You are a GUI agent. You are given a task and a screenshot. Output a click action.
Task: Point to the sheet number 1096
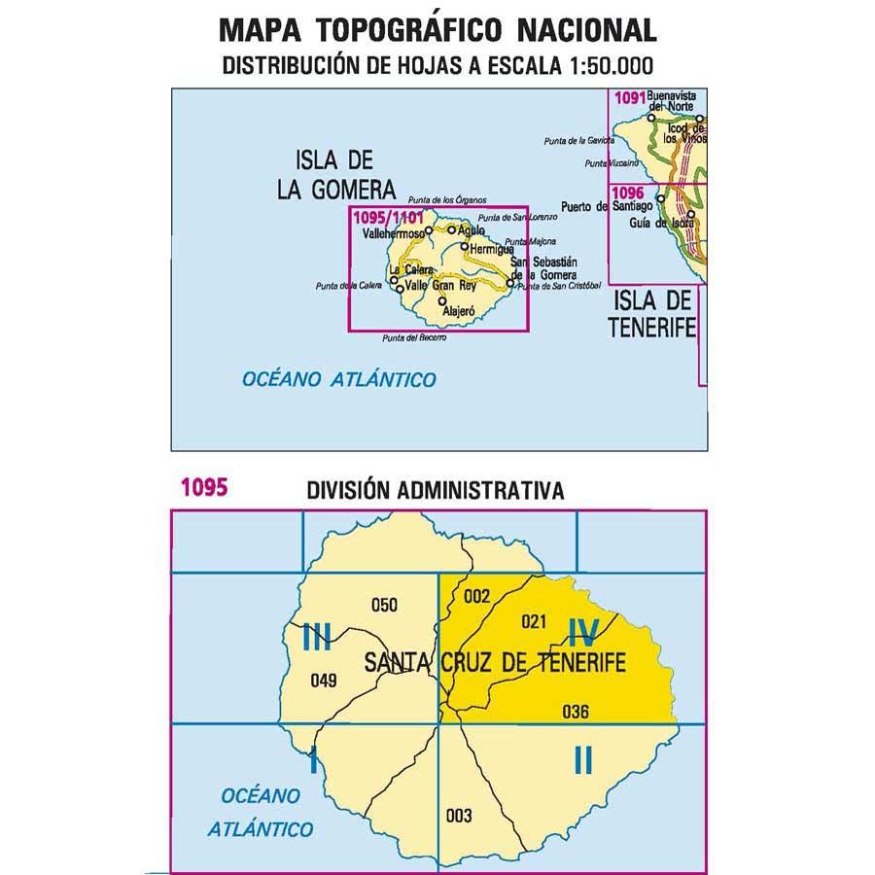[630, 192]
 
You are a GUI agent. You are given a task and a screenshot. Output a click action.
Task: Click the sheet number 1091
[630, 95]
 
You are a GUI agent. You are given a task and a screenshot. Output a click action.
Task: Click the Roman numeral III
[318, 638]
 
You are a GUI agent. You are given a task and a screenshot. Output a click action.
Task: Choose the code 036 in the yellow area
[576, 711]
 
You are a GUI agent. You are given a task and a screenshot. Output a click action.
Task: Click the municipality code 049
[323, 680]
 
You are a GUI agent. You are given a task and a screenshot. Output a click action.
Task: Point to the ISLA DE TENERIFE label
[653, 313]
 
